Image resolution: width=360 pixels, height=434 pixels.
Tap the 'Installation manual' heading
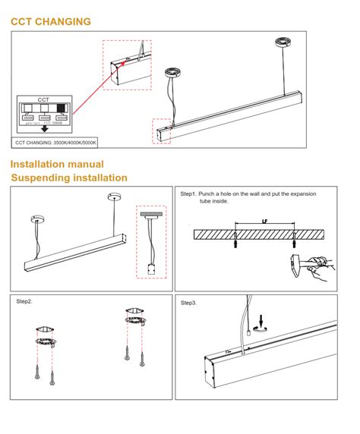tap(57, 164)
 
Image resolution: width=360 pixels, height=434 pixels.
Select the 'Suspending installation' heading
tap(69, 178)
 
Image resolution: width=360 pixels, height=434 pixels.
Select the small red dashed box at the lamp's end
tap(163, 131)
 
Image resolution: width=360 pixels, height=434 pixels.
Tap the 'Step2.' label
tap(24, 301)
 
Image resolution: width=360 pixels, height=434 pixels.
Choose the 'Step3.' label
tap(189, 303)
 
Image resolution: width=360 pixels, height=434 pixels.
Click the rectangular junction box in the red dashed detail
tap(150, 267)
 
